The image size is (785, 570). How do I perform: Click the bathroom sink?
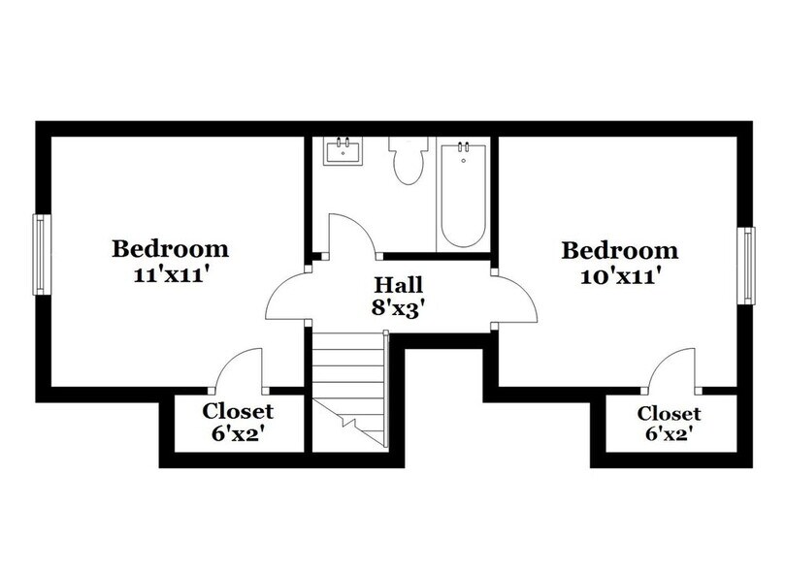(343, 151)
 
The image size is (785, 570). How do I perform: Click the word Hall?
(399, 287)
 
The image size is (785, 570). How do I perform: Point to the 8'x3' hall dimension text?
(399, 311)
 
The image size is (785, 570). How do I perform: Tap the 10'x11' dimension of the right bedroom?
(620, 276)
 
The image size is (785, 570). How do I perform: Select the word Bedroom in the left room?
(171, 248)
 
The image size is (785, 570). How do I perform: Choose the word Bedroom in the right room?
(620, 251)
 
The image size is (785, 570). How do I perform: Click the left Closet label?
(238, 411)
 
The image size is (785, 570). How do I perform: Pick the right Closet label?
(669, 413)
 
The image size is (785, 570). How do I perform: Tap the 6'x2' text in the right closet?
(669, 436)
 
